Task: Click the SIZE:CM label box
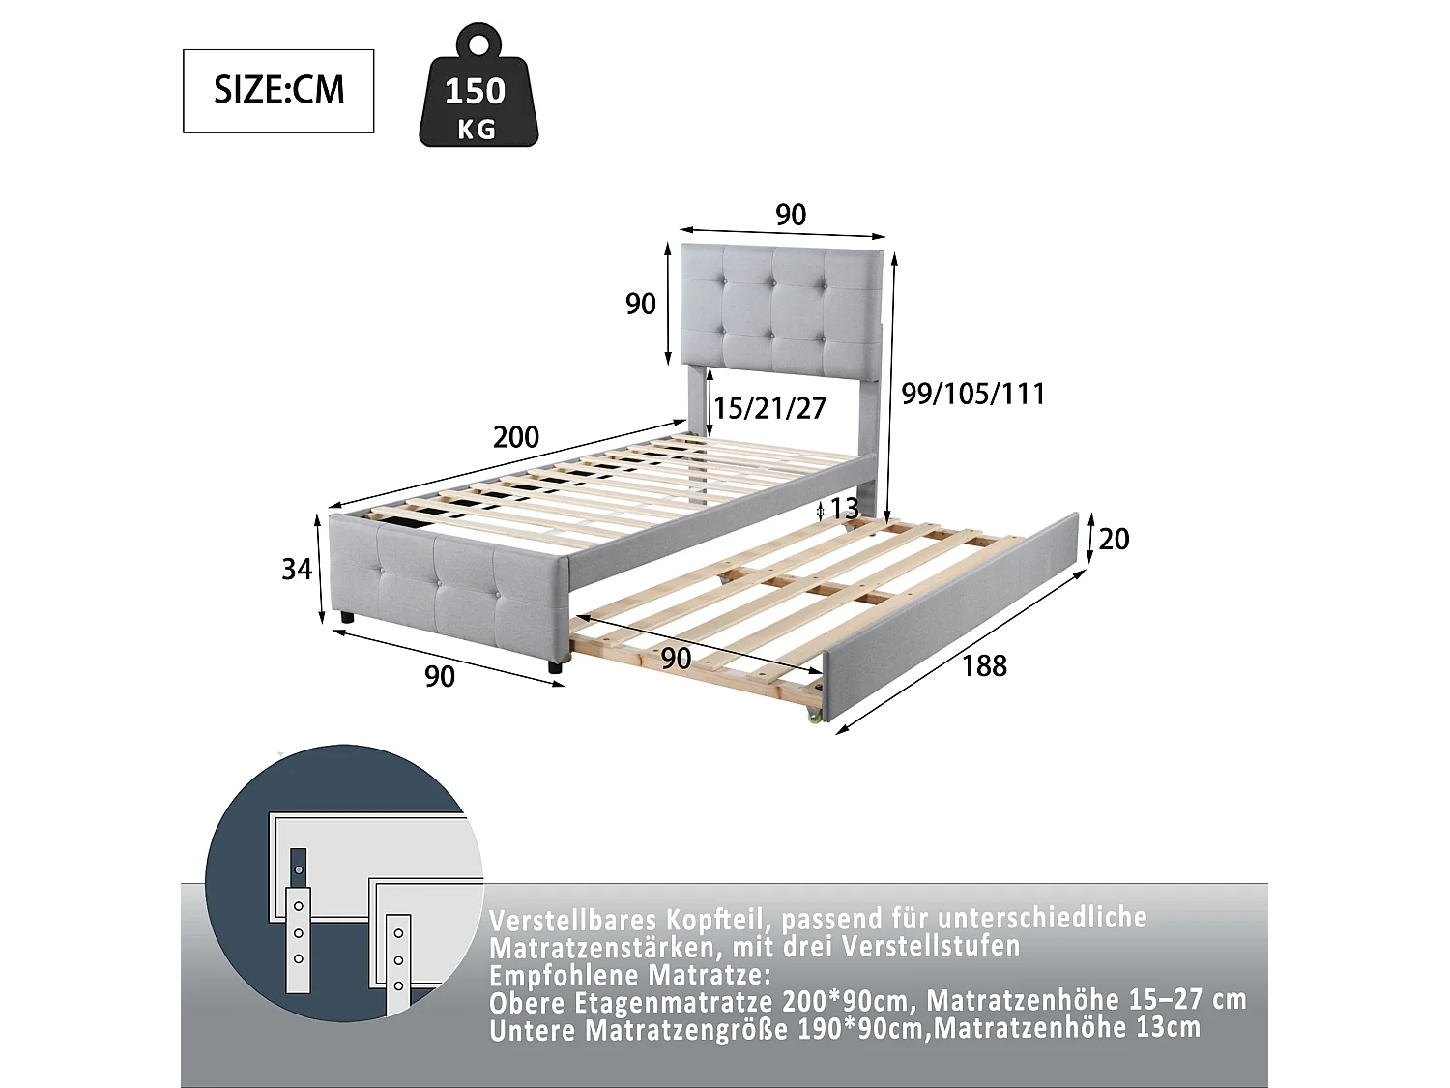278,91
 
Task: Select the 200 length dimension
516,437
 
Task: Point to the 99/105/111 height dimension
972,394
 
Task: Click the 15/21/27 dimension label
770,408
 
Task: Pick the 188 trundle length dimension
984,665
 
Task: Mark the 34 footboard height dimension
297,569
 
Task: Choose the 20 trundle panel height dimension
1114,539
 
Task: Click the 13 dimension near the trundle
844,509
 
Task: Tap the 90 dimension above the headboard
791,215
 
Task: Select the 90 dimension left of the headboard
641,304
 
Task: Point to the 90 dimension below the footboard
440,676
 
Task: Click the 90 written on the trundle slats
676,658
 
